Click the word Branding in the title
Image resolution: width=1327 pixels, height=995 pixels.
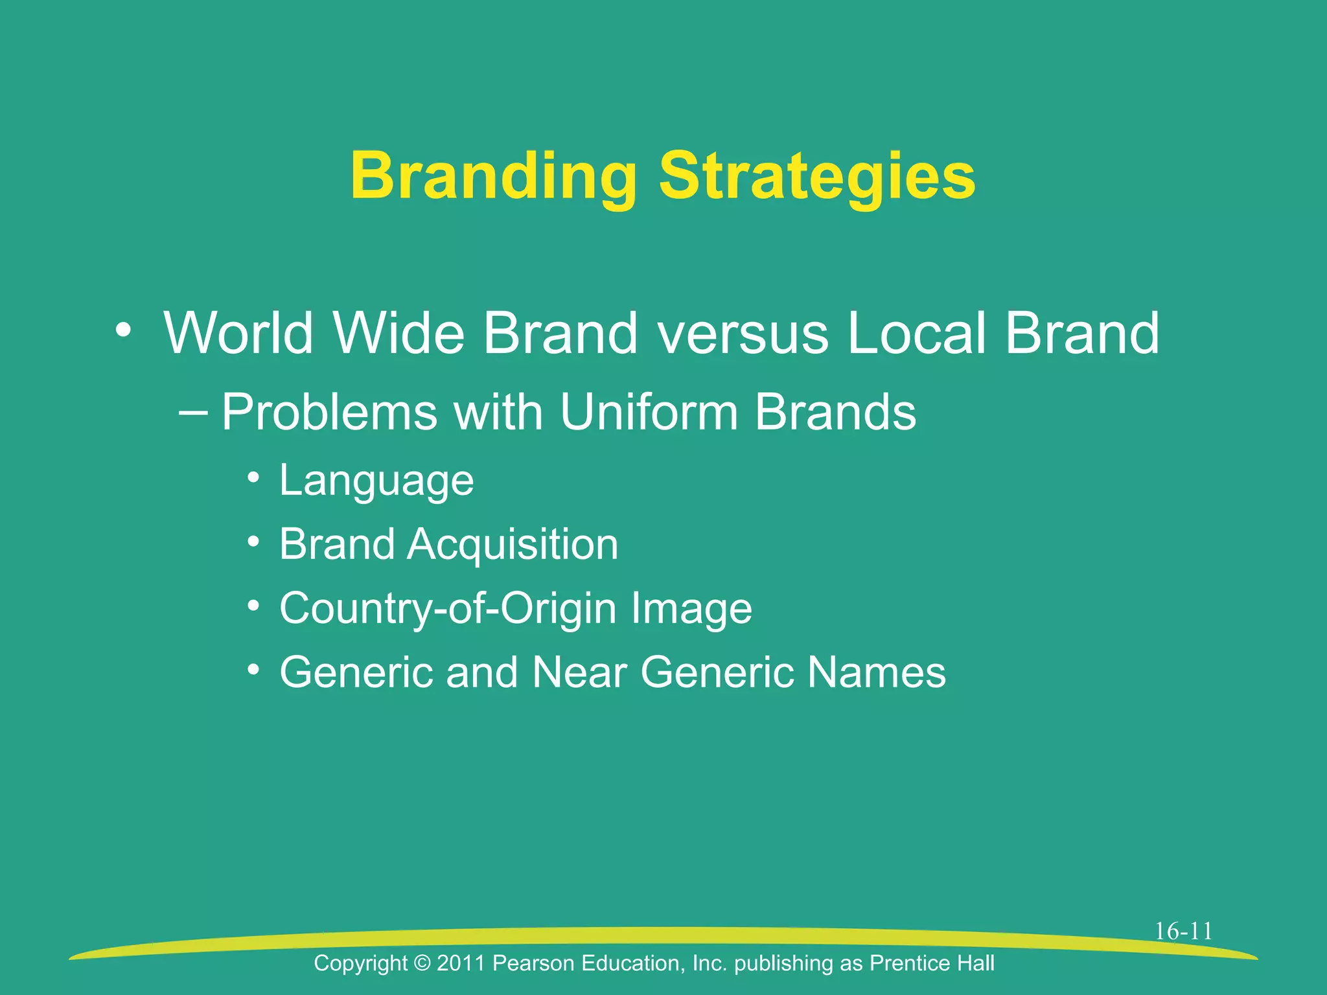[494, 176]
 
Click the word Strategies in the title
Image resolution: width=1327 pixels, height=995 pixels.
[817, 176]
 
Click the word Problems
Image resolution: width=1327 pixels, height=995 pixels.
[330, 412]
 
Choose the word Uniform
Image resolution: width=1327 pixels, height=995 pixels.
[649, 412]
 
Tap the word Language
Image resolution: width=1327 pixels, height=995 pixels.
[376, 481]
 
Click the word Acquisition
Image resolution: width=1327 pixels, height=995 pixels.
[513, 544]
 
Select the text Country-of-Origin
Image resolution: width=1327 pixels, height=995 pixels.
[448, 609]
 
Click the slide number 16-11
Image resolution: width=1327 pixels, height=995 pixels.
[1183, 932]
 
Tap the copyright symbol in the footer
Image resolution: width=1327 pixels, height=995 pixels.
[421, 963]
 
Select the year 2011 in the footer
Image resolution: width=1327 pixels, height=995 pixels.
[461, 963]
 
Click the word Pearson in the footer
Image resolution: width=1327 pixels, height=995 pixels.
[533, 963]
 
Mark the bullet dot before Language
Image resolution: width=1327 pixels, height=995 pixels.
[254, 479]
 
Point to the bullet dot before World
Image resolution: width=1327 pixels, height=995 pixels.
[123, 330]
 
